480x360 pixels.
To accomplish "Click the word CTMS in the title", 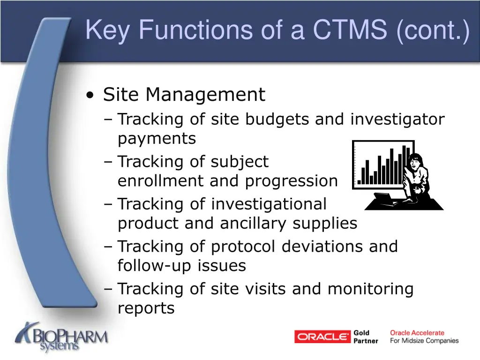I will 350,30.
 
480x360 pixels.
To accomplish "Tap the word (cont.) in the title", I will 432,30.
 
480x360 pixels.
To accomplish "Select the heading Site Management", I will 184,95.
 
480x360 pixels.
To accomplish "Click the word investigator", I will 397,120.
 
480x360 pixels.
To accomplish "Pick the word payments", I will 157,139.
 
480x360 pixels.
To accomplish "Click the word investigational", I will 269,204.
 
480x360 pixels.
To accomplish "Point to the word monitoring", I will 370,289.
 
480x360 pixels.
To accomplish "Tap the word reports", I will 146,308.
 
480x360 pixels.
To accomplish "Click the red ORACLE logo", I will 322,337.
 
